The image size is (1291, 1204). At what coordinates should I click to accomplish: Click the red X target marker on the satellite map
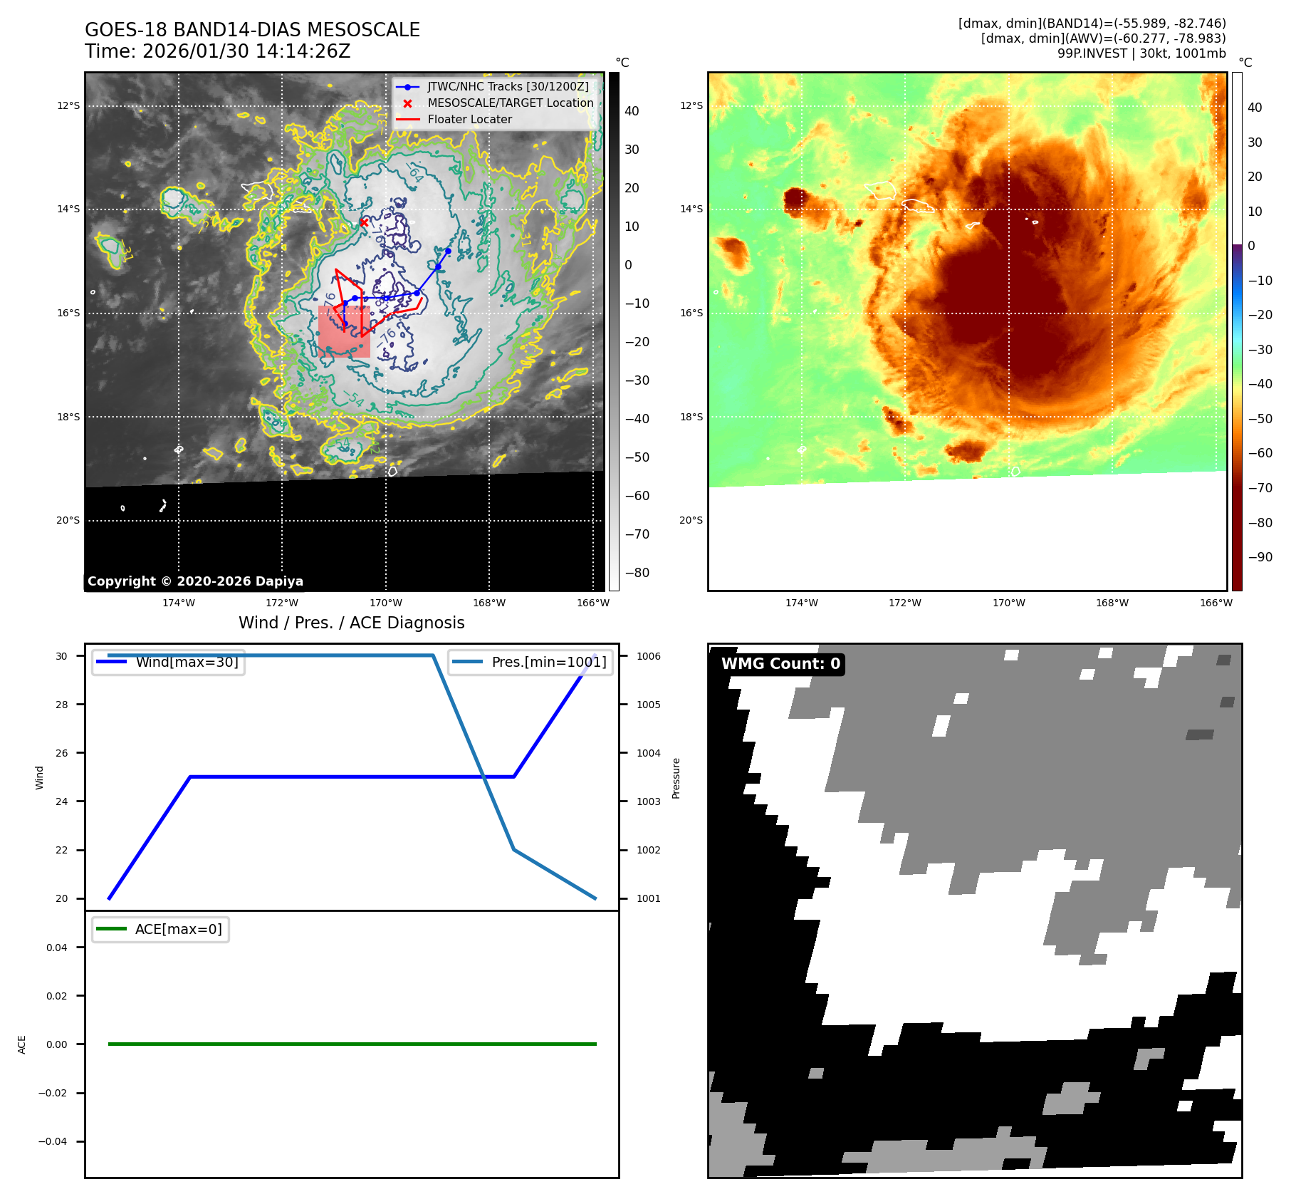(364, 222)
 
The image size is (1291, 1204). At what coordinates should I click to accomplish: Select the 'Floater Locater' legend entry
(469, 120)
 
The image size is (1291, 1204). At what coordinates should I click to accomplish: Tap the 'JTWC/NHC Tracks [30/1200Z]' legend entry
(508, 87)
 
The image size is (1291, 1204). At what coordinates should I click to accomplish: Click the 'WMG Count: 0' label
(780, 664)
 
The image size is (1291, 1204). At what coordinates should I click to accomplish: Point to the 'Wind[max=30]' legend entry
(187, 662)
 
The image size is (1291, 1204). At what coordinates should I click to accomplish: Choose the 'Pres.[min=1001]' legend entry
(548, 662)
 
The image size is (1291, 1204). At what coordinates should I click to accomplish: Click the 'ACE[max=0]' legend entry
(178, 929)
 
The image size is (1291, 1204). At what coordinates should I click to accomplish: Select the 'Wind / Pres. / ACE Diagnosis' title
(351, 623)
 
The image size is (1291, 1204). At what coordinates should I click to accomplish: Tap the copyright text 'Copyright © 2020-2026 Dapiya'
(195, 581)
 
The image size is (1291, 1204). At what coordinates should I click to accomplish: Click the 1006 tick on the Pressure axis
(648, 656)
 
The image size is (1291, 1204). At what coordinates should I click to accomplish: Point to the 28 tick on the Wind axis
(62, 705)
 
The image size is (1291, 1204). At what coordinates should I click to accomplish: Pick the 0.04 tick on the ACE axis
(57, 948)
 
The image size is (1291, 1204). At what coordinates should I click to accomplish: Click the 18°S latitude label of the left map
(68, 417)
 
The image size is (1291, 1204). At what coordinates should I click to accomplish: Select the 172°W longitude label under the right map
(904, 603)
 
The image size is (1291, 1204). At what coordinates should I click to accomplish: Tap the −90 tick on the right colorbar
(1260, 557)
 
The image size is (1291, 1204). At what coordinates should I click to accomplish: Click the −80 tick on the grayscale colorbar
(637, 573)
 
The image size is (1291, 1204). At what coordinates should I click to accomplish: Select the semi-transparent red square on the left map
(345, 332)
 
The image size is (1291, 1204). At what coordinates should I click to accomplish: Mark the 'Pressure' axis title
(676, 778)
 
